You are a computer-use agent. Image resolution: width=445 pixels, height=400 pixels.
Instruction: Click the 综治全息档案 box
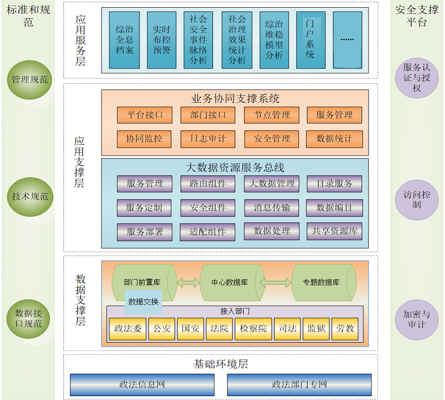tap(124, 40)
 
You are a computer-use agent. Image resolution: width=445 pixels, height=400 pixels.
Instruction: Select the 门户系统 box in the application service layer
tap(310, 40)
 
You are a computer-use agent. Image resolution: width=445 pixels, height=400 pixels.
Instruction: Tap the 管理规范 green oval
tap(30, 79)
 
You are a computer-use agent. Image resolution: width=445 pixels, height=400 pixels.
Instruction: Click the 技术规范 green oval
tap(30, 197)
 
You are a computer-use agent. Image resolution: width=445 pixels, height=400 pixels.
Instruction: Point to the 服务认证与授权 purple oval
tap(417, 78)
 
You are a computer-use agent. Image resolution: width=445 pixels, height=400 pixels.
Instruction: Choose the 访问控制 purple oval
tap(417, 199)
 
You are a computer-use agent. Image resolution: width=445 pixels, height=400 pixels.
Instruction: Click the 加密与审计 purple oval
tap(417, 319)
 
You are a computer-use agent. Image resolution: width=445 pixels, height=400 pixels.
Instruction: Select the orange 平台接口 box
tap(145, 115)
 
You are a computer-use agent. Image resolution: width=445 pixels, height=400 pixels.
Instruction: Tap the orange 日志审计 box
tap(207, 139)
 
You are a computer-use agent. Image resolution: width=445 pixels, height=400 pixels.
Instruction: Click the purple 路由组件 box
tap(207, 184)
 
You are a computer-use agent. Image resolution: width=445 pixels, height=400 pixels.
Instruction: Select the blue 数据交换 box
tap(144, 302)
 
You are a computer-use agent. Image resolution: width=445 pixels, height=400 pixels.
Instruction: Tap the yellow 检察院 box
tap(254, 329)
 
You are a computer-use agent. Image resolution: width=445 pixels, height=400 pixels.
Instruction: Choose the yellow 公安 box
tap(162, 329)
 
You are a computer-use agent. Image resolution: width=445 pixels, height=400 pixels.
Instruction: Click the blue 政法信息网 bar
tap(142, 384)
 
